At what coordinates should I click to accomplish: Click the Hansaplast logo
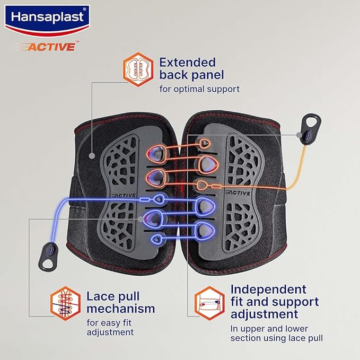(x=47, y=20)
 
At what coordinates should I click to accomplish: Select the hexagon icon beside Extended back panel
(x=138, y=69)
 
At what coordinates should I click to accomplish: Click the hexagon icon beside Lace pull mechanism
(x=66, y=303)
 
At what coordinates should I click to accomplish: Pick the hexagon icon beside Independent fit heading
(x=209, y=303)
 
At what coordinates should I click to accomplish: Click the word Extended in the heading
(x=188, y=63)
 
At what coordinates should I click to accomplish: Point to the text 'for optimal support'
(x=199, y=89)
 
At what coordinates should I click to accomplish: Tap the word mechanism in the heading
(x=120, y=309)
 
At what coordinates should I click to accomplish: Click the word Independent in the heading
(x=268, y=289)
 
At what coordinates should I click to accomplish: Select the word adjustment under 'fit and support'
(x=264, y=314)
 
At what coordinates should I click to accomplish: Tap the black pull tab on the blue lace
(x=49, y=256)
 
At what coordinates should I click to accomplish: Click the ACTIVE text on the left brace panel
(x=124, y=196)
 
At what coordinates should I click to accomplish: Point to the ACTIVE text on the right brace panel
(x=238, y=192)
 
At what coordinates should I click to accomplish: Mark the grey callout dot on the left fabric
(x=92, y=155)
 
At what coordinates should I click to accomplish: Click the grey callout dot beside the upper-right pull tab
(x=299, y=135)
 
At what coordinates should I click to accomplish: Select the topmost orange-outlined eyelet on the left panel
(x=155, y=153)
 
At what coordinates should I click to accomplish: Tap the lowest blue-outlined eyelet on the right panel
(x=206, y=230)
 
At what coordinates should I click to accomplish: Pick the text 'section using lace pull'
(x=276, y=338)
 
